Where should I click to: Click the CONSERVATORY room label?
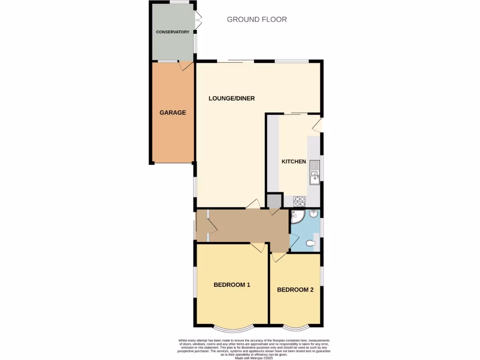tap(172, 32)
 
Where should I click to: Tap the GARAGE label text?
tap(172, 112)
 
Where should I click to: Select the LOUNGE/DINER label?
tap(232, 98)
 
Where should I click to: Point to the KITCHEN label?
tap(293, 162)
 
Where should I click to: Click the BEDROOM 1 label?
tap(232, 285)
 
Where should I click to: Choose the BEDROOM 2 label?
tap(295, 290)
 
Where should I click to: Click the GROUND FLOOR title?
tap(257, 19)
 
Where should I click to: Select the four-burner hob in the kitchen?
tap(299, 202)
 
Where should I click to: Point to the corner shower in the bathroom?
tap(297, 217)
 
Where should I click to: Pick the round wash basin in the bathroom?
tap(313, 215)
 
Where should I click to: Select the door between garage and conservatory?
tap(187, 65)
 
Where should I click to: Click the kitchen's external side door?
tap(318, 124)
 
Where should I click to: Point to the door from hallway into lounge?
tap(253, 204)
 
